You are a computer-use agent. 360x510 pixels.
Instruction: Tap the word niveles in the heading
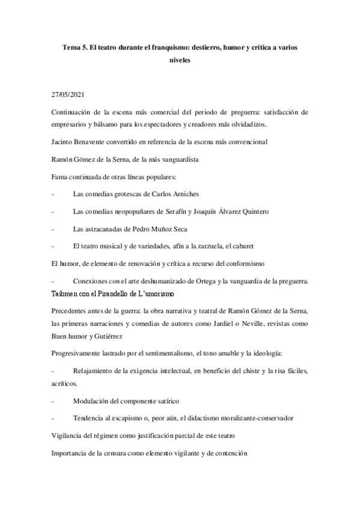coord(180,61)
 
